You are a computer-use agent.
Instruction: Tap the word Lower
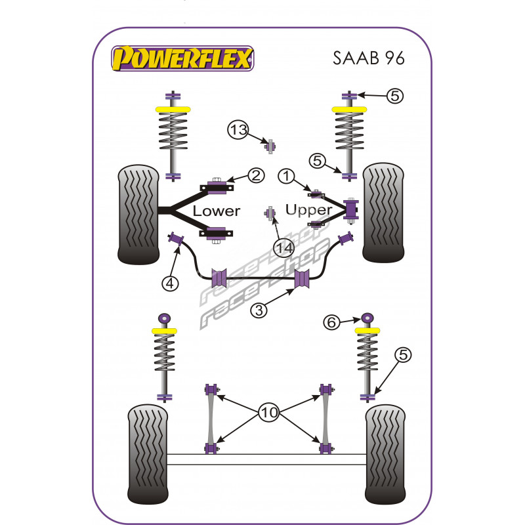[216, 211]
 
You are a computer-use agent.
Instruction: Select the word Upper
[309, 210]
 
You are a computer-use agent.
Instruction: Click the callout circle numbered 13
[238, 131]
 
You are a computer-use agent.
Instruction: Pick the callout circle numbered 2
[256, 175]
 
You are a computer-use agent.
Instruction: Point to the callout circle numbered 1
[287, 176]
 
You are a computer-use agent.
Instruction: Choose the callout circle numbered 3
[261, 310]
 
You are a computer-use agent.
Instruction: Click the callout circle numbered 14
[283, 248]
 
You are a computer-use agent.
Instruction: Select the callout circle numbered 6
[331, 322]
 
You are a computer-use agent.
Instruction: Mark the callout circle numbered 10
[270, 413]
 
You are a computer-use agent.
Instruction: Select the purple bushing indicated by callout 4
[176, 240]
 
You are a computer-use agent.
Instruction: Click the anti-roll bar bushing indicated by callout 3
[302, 278]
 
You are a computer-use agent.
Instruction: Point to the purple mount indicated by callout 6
[367, 320]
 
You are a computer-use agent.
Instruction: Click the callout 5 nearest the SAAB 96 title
[394, 96]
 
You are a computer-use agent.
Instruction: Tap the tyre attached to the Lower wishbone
[138, 214]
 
